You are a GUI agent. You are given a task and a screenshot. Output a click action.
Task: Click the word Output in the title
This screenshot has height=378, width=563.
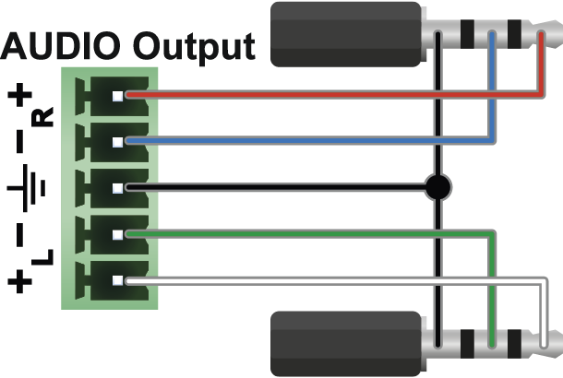pos(194,48)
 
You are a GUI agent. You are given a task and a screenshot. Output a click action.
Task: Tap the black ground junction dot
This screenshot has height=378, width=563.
pos(437,187)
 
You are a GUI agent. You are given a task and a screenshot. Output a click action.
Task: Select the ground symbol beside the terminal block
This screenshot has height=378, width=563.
pos(27,187)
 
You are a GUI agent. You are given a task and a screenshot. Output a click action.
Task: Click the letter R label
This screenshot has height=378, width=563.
pos(42,117)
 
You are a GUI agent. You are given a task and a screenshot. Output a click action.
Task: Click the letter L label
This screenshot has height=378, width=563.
pos(42,257)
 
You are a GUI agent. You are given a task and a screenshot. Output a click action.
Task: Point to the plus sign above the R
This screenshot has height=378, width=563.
pos(19,95)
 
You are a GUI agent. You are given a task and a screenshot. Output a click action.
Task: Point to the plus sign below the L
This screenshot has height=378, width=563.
pos(19,281)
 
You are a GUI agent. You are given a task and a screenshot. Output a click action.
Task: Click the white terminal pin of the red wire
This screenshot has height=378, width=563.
pos(118,96)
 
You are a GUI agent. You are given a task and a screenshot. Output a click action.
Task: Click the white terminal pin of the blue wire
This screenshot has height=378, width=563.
pos(118,142)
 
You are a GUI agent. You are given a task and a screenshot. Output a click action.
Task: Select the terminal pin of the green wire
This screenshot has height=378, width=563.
pos(118,235)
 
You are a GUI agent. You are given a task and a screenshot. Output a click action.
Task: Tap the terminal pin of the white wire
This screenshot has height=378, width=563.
pos(118,280)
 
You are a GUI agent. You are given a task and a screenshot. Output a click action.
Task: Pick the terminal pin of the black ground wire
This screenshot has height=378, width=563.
pos(118,189)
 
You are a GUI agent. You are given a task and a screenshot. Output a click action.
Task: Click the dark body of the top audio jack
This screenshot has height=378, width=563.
pos(346,34)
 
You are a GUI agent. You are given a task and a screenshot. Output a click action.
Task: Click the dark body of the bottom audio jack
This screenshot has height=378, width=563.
pos(346,344)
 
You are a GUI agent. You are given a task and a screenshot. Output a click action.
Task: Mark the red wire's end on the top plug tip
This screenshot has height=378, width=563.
pos(541,34)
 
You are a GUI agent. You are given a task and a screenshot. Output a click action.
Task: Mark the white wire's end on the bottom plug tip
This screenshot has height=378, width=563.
pos(544,346)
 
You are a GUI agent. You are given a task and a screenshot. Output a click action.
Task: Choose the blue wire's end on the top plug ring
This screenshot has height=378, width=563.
pos(492,35)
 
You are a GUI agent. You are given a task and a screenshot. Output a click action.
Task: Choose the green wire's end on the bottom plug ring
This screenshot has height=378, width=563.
pos(492,346)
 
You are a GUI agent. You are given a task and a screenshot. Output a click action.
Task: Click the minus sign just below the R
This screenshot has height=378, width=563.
pos(19,142)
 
